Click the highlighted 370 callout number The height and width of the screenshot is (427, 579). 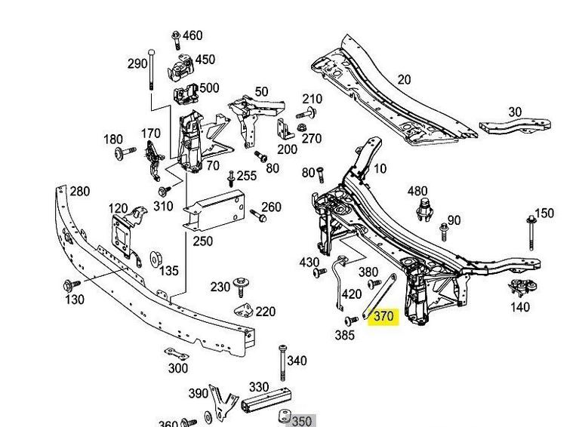pyautogui.click(x=383, y=317)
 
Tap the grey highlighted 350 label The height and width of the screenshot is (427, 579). pyautogui.click(x=301, y=421)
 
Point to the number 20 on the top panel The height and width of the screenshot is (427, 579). pyautogui.click(x=404, y=80)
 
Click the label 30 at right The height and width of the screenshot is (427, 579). pyautogui.click(x=514, y=112)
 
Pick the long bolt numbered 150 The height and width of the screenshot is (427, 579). pyautogui.click(x=531, y=231)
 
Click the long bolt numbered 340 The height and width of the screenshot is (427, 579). pyautogui.click(x=282, y=364)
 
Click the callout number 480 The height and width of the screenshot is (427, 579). pyautogui.click(x=417, y=192)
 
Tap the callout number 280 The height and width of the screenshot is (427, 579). pyautogui.click(x=80, y=191)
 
